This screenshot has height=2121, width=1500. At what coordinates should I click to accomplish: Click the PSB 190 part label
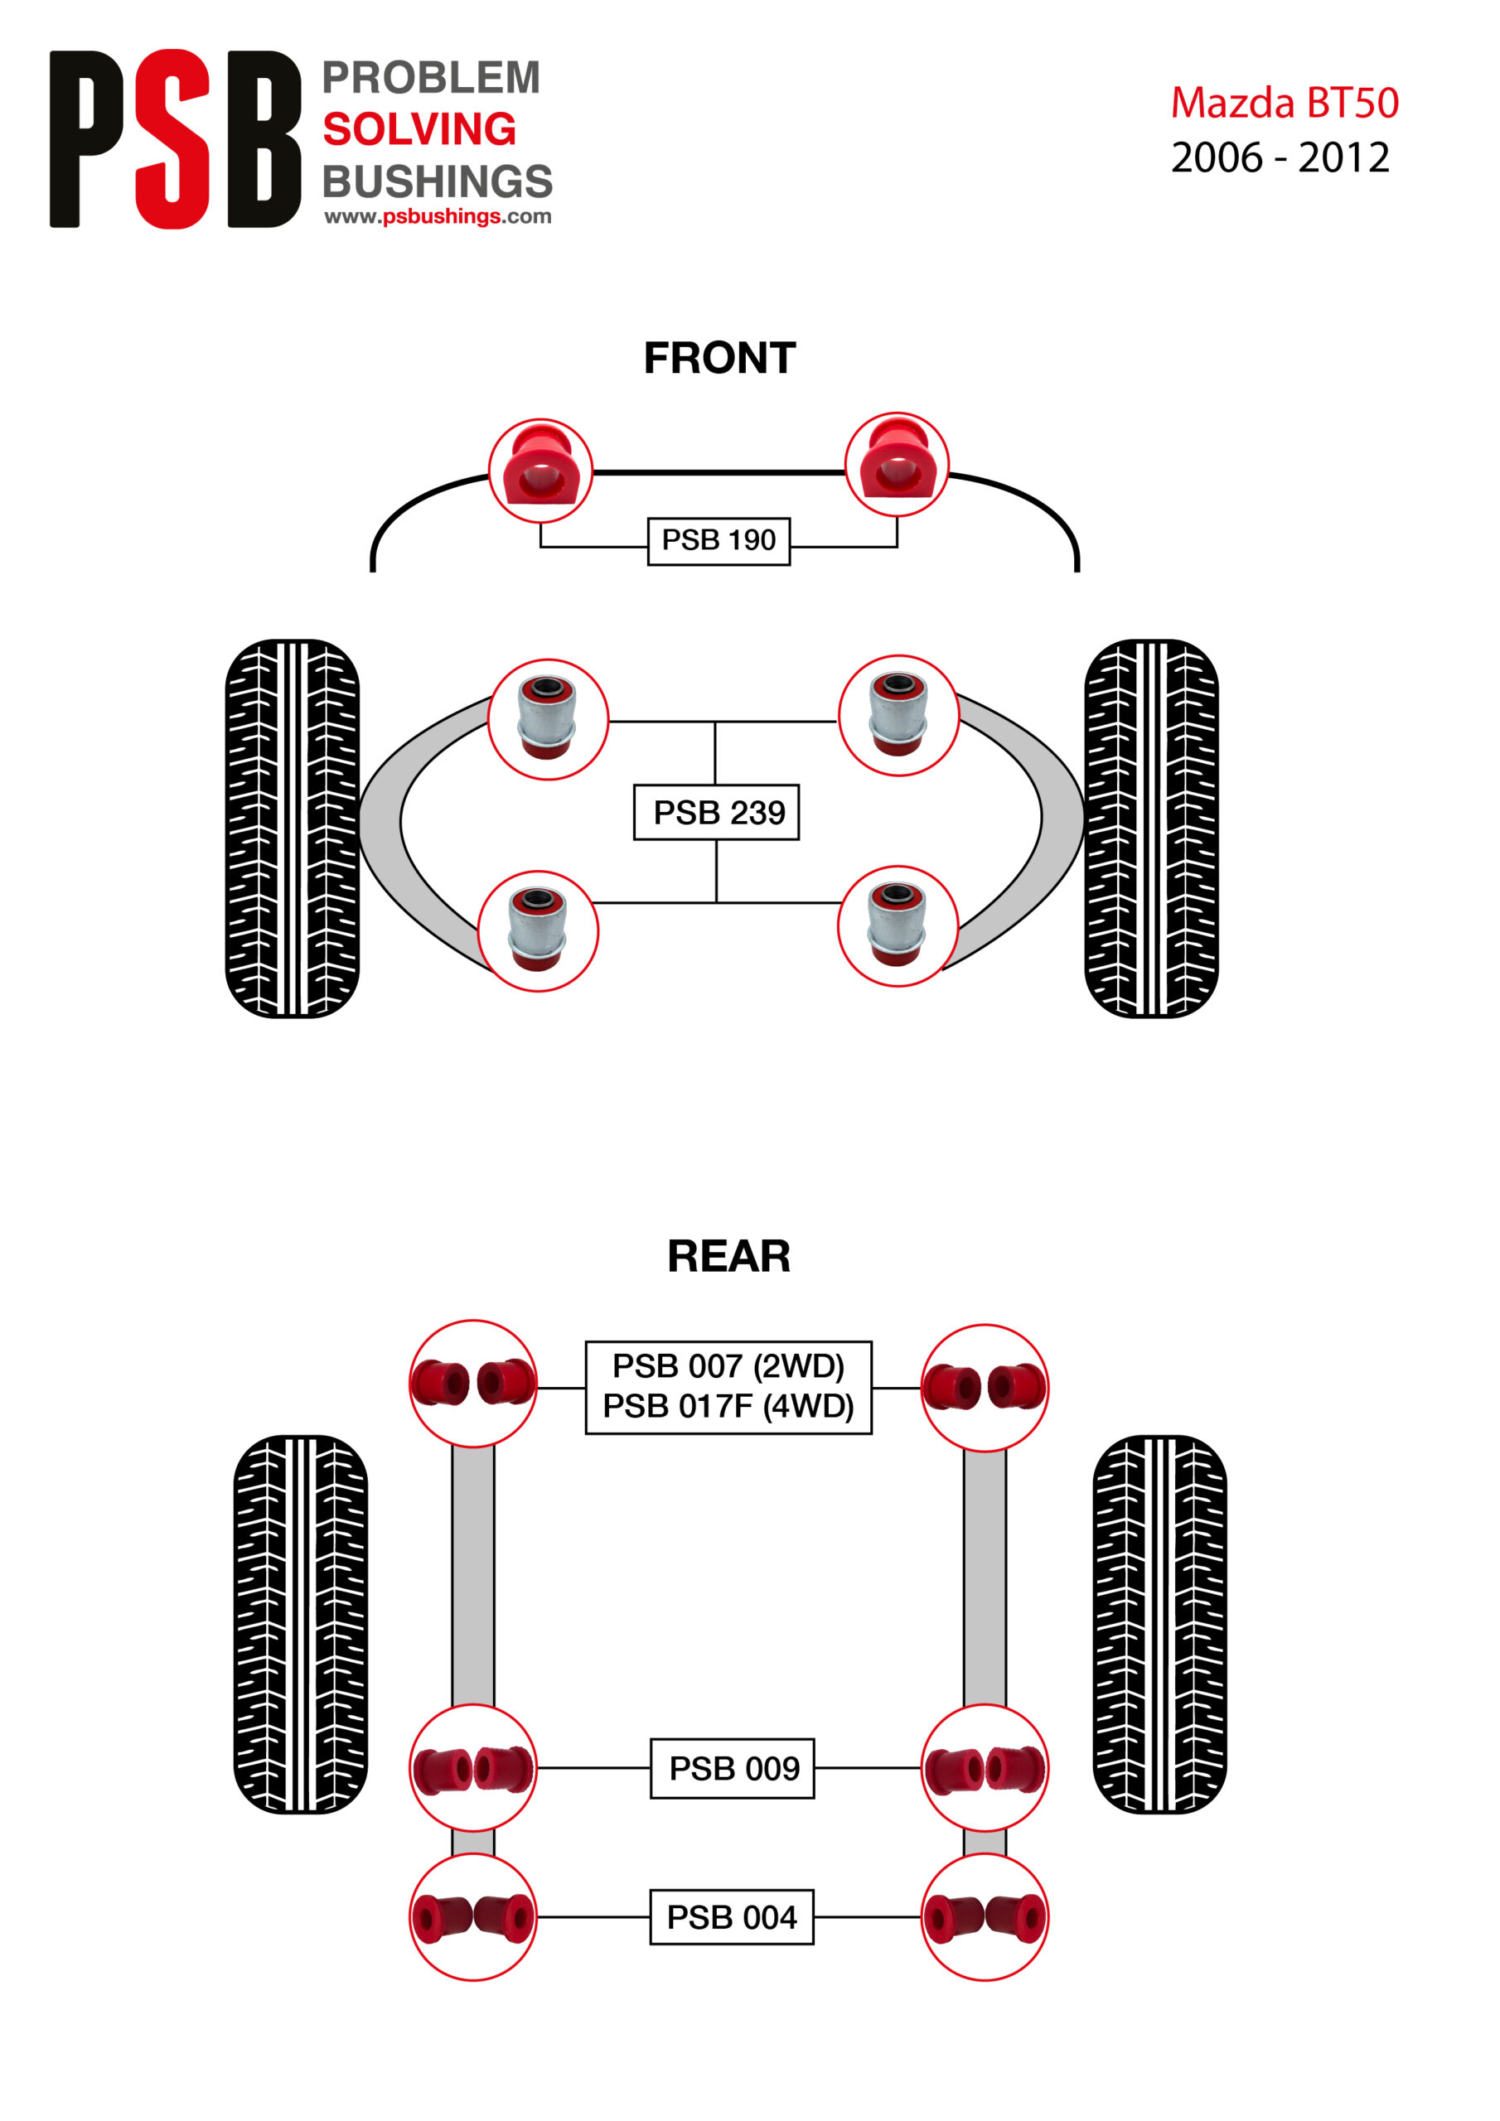(x=719, y=540)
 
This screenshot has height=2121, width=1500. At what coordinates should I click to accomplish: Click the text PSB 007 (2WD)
(x=728, y=1365)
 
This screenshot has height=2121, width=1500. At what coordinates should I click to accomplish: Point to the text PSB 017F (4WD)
(x=728, y=1406)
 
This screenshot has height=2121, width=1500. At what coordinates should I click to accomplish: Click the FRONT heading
(x=719, y=359)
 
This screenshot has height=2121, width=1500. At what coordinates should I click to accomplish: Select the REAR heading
(x=728, y=1256)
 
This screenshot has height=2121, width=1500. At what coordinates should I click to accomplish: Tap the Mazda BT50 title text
(x=1284, y=103)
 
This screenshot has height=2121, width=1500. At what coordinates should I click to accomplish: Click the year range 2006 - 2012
(x=1280, y=158)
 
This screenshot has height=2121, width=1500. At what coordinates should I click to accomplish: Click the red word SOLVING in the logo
(x=419, y=129)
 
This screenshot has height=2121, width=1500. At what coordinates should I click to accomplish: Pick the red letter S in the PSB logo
(x=173, y=138)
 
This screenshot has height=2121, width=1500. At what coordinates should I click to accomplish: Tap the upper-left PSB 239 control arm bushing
(x=547, y=718)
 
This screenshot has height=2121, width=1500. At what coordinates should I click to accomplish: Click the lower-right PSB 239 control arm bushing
(x=897, y=925)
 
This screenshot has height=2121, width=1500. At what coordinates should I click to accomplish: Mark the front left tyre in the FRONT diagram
(x=292, y=828)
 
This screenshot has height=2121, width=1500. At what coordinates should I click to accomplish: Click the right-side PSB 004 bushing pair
(x=985, y=1917)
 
